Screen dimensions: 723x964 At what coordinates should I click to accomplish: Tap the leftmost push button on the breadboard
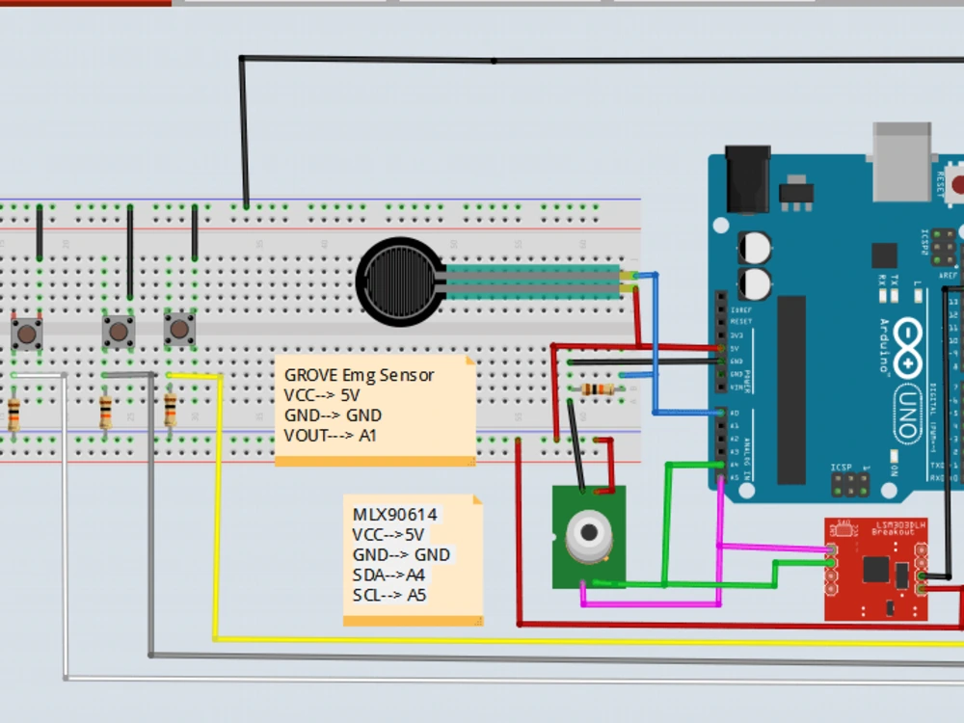27,334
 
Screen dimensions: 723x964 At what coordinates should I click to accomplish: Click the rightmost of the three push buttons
179,330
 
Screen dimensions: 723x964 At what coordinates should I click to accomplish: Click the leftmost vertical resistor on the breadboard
14,415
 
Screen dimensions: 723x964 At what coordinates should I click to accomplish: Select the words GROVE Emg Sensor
359,375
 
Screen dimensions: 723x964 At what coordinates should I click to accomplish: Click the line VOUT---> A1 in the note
330,436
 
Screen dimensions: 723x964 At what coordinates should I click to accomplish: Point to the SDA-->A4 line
388,575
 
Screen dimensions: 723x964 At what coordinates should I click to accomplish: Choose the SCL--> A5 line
388,595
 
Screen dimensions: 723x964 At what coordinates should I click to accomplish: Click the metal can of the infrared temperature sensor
588,536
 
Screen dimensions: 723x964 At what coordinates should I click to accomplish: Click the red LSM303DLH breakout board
875,570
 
